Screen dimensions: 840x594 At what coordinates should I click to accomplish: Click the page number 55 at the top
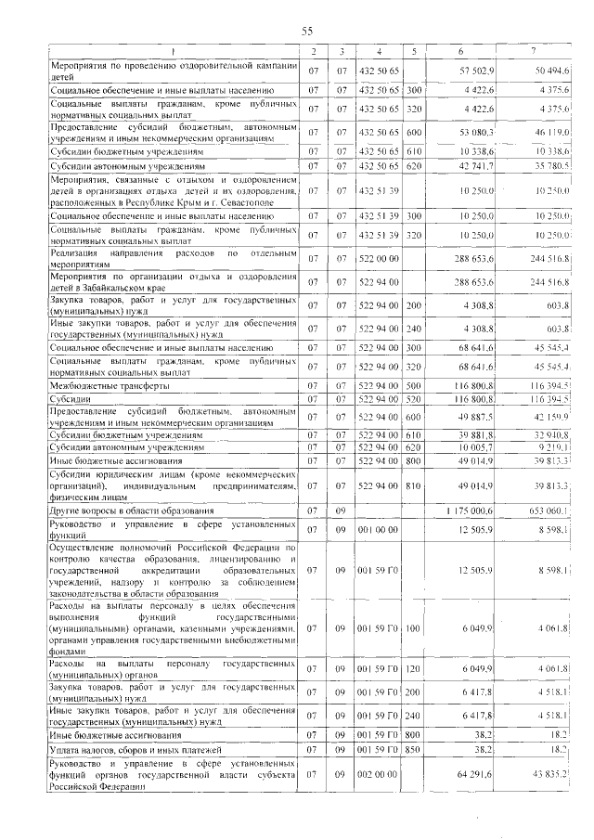pyautogui.click(x=308, y=32)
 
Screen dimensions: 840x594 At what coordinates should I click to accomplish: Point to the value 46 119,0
pyautogui.click(x=551, y=134)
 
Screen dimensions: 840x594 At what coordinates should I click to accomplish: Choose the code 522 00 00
pyautogui.click(x=378, y=257)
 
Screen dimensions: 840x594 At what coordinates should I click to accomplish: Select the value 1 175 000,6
pyautogui.click(x=472, y=510)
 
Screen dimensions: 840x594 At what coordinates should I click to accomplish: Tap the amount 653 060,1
pyautogui.click(x=548, y=510)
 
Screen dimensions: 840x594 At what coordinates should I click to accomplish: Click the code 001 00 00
pyautogui.click(x=378, y=530)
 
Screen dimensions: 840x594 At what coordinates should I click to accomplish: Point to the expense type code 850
pyautogui.click(x=413, y=749)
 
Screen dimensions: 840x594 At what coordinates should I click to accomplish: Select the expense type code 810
pyautogui.click(x=413, y=485)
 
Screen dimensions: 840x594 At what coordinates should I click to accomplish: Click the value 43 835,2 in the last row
pyautogui.click(x=551, y=773)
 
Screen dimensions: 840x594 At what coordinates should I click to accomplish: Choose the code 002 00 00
pyautogui.click(x=378, y=773)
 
